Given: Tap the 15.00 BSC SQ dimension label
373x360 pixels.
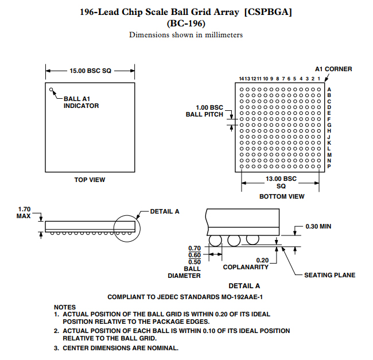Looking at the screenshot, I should [x=90, y=71].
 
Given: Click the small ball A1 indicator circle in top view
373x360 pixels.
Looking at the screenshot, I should [x=52, y=90].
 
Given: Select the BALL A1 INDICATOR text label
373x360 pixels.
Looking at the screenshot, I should [x=81, y=102].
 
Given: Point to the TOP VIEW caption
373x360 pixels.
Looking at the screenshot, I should [x=90, y=180].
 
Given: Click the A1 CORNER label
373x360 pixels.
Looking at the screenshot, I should [x=333, y=69].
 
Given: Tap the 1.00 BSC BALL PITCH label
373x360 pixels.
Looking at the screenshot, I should [x=204, y=111].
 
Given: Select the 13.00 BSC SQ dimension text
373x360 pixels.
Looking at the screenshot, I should [x=281, y=182].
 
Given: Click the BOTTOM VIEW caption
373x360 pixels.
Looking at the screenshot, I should [x=282, y=196].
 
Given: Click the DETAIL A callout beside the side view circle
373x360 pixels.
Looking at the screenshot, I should [x=165, y=211].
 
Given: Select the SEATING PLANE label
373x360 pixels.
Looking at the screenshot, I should [x=329, y=275].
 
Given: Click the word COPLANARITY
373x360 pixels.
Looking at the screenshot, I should [x=246, y=267].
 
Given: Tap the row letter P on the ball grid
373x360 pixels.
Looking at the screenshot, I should [x=329, y=167].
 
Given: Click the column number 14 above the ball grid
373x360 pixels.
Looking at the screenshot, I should [x=242, y=79].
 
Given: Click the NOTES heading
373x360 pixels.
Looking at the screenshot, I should [x=65, y=307].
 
